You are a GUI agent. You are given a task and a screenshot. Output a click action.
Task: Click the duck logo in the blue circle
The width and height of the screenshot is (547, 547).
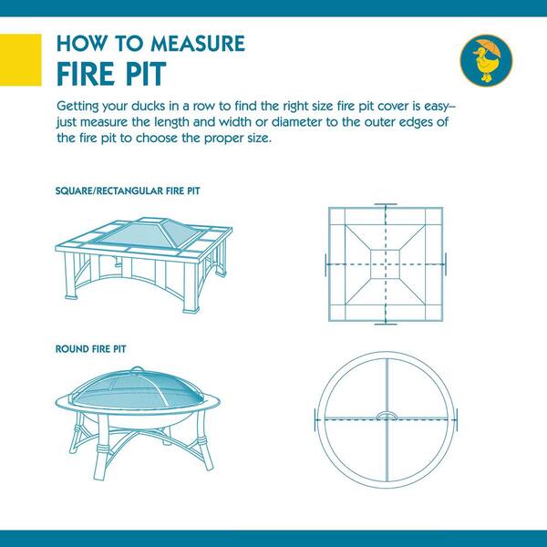486,59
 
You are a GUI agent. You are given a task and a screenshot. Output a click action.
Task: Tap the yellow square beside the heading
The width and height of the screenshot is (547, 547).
21,59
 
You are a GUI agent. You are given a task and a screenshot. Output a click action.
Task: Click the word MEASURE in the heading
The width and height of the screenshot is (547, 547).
198,44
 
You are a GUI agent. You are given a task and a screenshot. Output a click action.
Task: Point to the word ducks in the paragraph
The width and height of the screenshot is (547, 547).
148,106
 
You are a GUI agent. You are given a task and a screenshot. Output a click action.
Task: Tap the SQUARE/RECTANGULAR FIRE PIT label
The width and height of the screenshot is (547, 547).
128,191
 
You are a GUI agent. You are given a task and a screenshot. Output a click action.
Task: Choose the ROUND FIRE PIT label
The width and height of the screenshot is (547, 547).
90,349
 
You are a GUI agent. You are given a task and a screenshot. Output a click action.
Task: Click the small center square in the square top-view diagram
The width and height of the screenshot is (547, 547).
385,264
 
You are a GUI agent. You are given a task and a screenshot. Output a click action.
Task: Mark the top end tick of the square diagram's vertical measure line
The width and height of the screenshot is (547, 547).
386,204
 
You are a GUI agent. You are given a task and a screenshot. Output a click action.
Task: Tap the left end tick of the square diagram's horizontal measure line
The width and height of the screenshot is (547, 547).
325,264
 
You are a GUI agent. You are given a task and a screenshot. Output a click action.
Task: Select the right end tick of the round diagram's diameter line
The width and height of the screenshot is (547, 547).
457,419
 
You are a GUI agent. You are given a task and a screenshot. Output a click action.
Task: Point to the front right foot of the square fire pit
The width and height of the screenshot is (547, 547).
191,310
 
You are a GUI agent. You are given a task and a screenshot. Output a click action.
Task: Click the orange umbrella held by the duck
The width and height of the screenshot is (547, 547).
490,47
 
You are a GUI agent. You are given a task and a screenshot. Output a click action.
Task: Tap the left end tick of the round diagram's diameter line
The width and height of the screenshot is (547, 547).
315,419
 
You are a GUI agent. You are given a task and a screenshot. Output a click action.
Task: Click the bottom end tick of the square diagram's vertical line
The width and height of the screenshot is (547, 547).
386,324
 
